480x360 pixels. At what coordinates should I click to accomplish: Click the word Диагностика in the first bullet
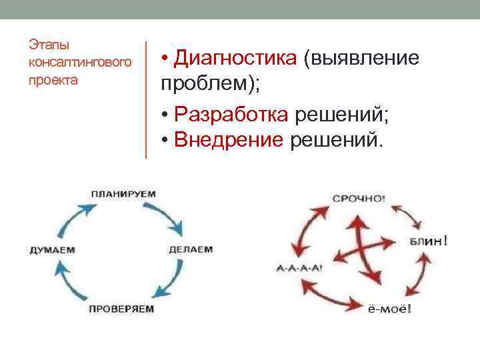click(235, 59)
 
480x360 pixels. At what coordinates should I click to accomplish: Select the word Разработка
click(231, 115)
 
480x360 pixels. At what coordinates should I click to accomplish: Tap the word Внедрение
click(229, 139)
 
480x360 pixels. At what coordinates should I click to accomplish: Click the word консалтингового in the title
click(78, 63)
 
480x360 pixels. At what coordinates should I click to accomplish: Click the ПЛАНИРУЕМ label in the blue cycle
click(123, 193)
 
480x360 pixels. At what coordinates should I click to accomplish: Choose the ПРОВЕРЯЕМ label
click(121, 309)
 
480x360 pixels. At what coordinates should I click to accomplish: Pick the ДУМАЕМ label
click(52, 250)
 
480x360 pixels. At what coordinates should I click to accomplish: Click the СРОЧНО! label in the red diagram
click(358, 198)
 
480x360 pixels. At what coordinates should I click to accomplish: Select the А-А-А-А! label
click(299, 268)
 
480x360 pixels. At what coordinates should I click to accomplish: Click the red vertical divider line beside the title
click(146, 99)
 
